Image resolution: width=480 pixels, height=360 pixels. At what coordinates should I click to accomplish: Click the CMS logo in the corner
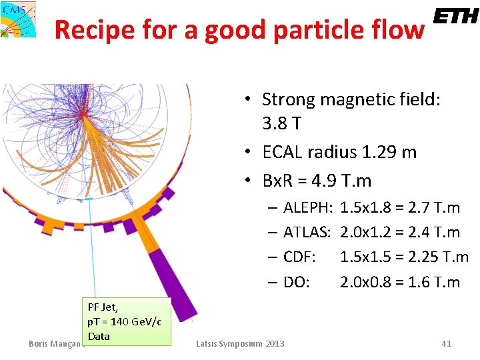(x=19, y=19)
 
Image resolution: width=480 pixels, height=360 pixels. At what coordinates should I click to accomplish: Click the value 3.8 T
(x=281, y=123)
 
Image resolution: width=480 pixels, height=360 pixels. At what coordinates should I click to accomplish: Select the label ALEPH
(x=308, y=207)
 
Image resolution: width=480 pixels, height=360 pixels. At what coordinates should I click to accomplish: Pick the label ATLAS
(x=307, y=232)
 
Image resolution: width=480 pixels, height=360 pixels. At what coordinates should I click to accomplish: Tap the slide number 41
(x=447, y=343)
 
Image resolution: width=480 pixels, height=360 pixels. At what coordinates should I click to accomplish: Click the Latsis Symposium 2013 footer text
(x=240, y=343)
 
